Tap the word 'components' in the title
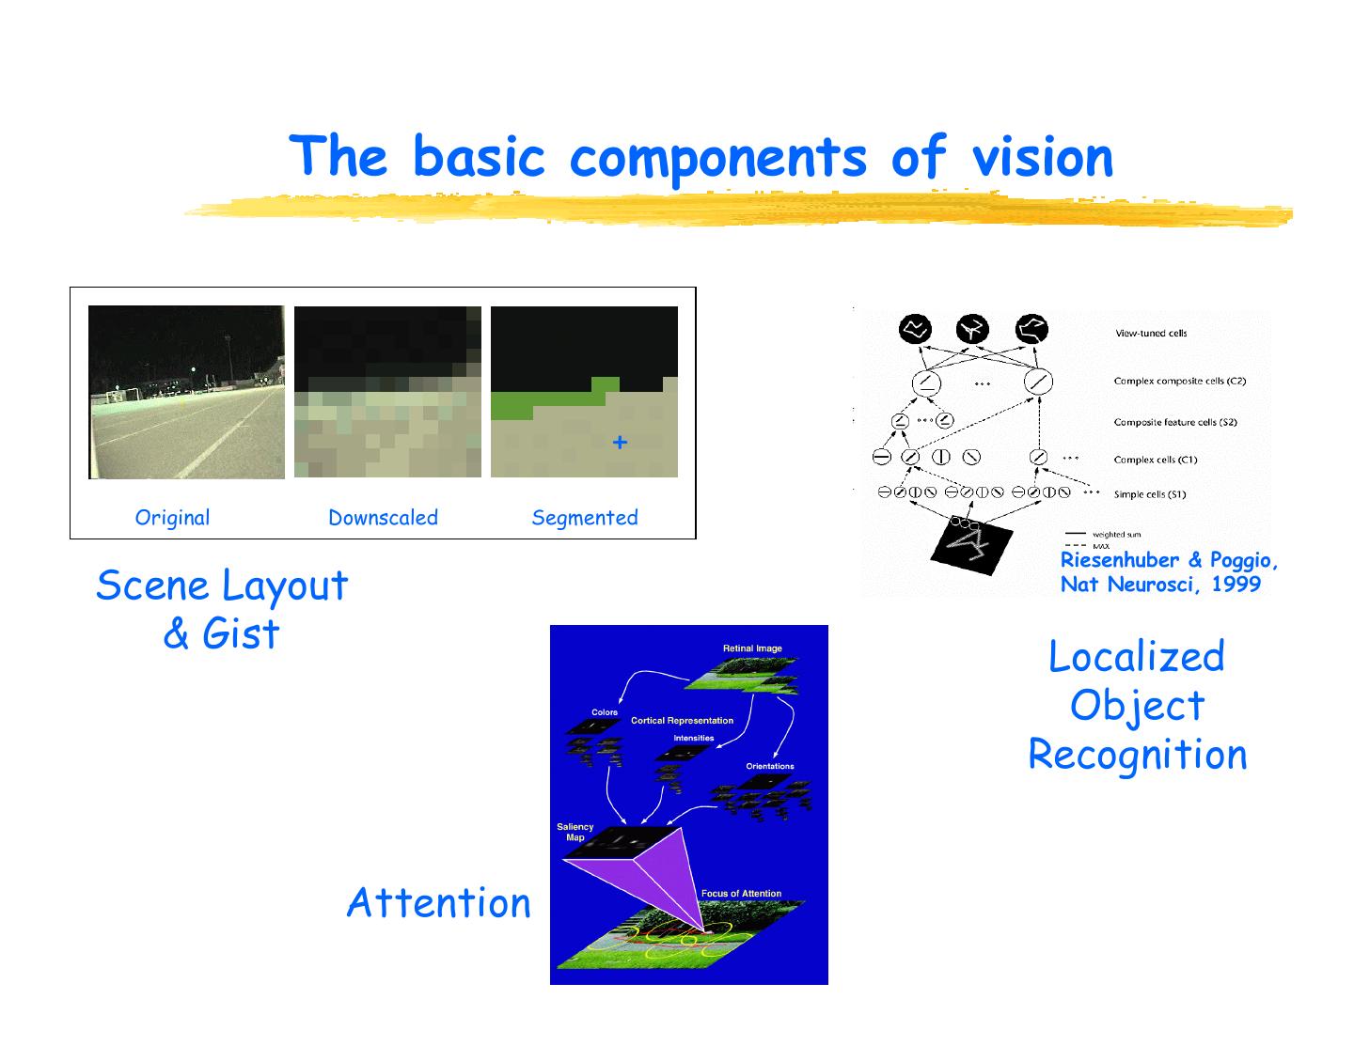click(717, 158)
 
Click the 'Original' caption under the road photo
click(172, 517)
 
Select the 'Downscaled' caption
click(383, 517)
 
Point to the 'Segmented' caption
click(584, 517)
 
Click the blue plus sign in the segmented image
click(620, 442)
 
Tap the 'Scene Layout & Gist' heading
click(222, 609)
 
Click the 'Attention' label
click(438, 902)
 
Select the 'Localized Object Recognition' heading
click(1137, 705)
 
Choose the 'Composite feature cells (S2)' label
click(1175, 422)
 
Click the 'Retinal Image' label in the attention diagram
click(752, 648)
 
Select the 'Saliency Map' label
click(575, 832)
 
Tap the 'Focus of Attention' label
click(741, 894)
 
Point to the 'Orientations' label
click(770, 766)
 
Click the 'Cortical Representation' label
click(682, 721)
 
